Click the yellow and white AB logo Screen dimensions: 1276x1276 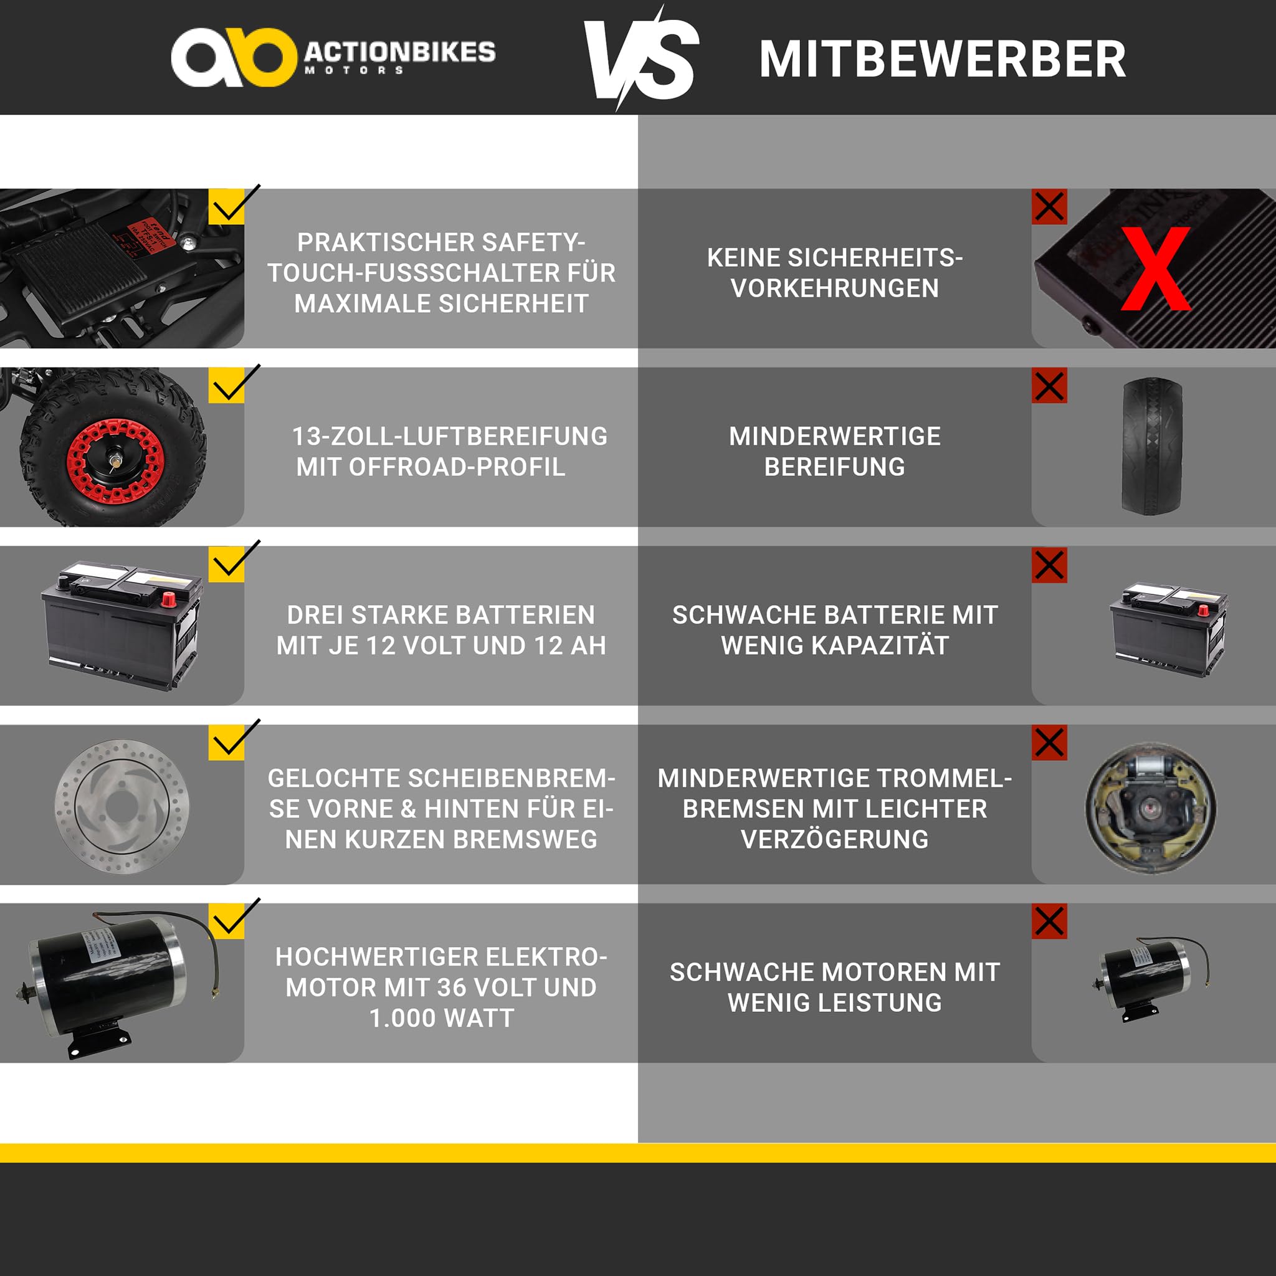coord(233,57)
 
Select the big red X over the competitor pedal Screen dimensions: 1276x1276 coord(1156,268)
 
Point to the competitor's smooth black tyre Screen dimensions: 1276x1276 coord(1153,446)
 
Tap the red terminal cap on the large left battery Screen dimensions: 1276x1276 coord(168,600)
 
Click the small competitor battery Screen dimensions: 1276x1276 coord(1168,629)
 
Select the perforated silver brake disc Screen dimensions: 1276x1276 coord(122,806)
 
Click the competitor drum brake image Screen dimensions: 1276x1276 coord(1151,808)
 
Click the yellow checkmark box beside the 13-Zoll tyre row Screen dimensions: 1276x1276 coord(227,386)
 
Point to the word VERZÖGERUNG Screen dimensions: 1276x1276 coord(835,839)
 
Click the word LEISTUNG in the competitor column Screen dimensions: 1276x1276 coord(880,1002)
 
